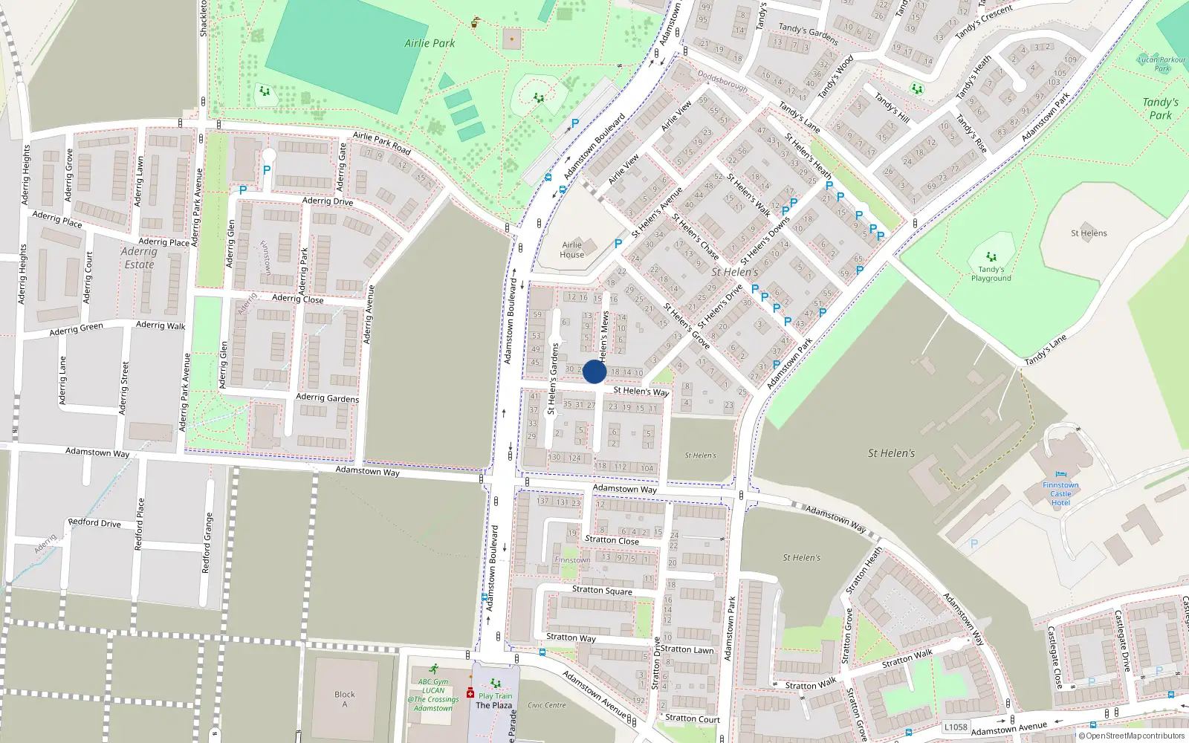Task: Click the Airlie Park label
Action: (430, 43)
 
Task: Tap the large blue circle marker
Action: (594, 371)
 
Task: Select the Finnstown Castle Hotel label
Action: (1060, 494)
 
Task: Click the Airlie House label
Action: (572, 250)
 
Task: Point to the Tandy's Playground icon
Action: (991, 257)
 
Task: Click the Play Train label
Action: (495, 696)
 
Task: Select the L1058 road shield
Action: (956, 727)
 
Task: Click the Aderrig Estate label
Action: (139, 258)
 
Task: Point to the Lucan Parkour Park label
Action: (1162, 64)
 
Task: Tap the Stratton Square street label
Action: (602, 591)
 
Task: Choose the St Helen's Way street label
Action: (641, 391)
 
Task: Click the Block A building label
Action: (344, 699)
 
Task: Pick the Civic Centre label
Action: (546, 705)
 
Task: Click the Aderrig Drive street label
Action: (328, 201)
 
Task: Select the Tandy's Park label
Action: (1160, 108)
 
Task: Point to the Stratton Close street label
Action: (612, 540)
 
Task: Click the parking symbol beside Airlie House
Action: (618, 243)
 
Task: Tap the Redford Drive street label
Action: (94, 523)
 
